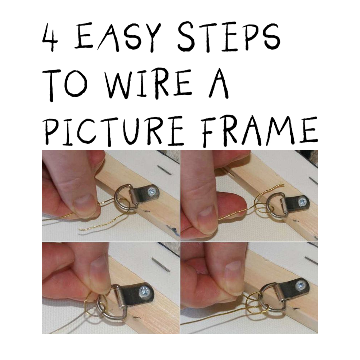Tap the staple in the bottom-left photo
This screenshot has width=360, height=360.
pyautogui.click(x=160, y=265)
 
